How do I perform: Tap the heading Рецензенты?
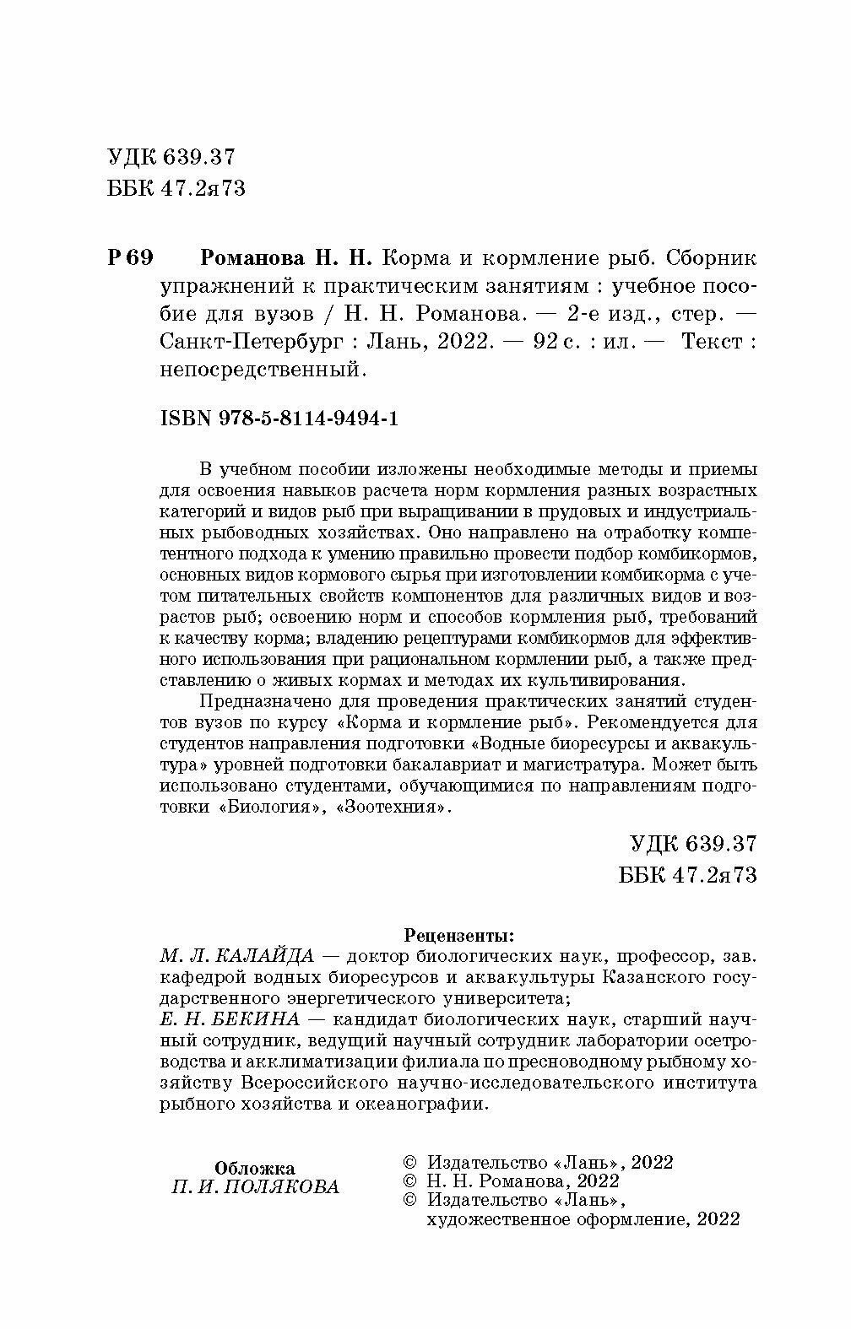(458, 935)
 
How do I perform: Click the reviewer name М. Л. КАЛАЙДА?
(236, 957)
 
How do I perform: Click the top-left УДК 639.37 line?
(171, 157)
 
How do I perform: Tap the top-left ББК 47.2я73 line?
(176, 188)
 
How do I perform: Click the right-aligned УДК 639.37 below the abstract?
(693, 844)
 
